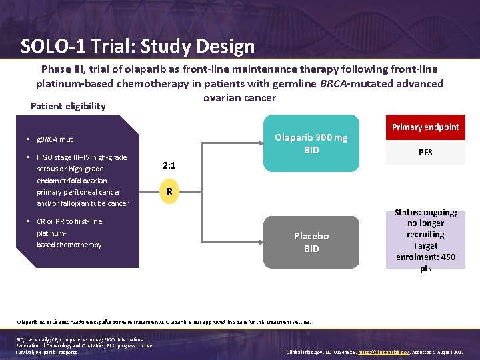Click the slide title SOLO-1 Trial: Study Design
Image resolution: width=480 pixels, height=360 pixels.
point(137,46)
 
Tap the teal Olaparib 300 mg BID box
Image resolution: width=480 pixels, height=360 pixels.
point(311,144)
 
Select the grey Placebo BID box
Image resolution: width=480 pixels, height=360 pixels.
point(311,242)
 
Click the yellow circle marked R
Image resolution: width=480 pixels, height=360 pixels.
point(170,192)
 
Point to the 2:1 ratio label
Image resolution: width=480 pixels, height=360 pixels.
point(170,165)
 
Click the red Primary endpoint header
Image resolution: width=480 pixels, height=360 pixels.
point(425,127)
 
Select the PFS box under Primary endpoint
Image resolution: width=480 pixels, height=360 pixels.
point(425,153)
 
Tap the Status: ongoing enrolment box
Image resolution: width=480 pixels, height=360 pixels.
point(425,240)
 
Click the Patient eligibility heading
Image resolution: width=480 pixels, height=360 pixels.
point(68,106)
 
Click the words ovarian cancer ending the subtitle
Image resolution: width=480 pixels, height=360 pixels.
point(239,98)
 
